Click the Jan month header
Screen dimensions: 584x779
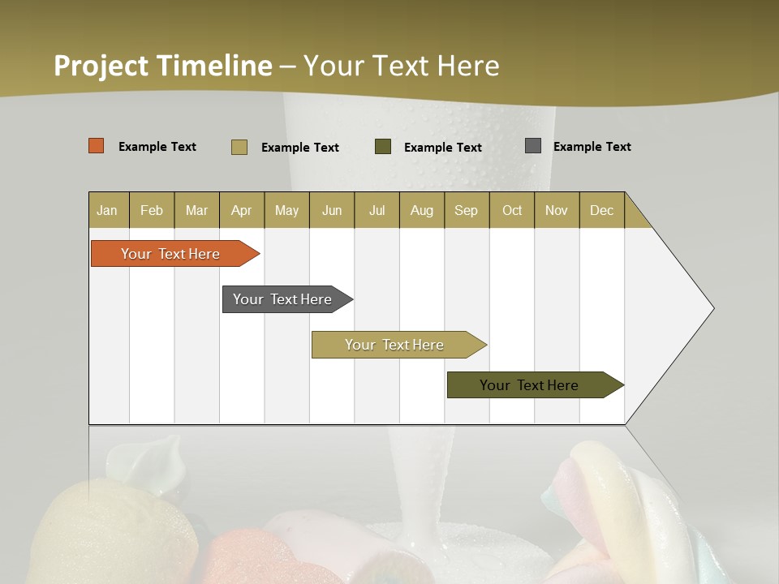point(107,210)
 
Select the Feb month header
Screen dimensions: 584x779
point(152,210)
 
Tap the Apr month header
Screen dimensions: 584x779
point(241,210)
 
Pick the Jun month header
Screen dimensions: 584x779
point(332,210)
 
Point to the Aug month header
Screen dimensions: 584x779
point(421,210)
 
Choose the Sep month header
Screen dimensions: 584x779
point(466,210)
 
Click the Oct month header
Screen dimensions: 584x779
point(512,210)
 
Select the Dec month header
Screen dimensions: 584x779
point(601,210)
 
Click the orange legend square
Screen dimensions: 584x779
point(97,146)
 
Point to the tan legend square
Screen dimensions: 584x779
point(239,147)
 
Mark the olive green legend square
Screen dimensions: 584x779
point(383,147)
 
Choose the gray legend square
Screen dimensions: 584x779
point(533,146)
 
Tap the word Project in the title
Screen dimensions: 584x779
point(101,66)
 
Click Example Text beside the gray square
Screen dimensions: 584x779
point(592,147)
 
